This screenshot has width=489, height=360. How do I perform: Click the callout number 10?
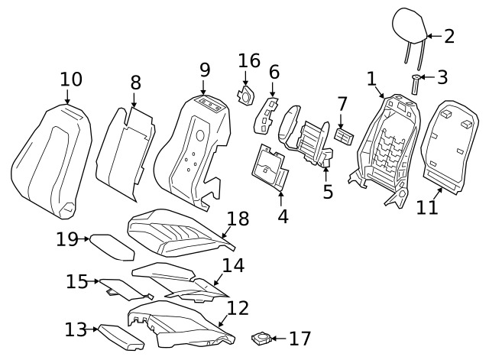click(x=71, y=79)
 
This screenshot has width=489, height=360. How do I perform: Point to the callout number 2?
click(x=449, y=36)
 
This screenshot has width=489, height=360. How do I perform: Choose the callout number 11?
click(x=428, y=206)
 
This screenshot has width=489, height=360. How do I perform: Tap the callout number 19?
click(x=66, y=239)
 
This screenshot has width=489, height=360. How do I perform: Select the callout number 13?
click(x=75, y=330)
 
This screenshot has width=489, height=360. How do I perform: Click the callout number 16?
click(x=249, y=61)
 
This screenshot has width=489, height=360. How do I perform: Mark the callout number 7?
click(x=342, y=103)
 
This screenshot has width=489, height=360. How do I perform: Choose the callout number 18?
click(x=238, y=219)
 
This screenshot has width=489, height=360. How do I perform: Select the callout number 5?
click(x=328, y=191)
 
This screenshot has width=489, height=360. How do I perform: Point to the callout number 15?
click(x=76, y=281)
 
